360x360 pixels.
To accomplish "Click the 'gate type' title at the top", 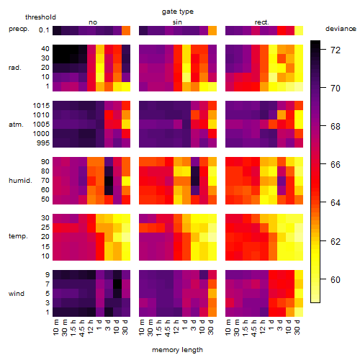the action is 178,12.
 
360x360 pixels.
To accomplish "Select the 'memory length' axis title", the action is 177,350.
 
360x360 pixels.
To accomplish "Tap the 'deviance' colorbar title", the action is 341,29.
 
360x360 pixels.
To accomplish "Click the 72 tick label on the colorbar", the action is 336,50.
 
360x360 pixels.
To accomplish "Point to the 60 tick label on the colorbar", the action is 336,279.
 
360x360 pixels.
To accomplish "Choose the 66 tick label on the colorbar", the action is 336,165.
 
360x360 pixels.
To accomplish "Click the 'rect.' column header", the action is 261,22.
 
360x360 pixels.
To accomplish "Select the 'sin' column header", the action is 177,22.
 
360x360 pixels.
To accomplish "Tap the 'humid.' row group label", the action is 20,181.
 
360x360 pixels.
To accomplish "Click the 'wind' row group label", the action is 17,294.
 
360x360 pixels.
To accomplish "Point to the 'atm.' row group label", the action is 16,125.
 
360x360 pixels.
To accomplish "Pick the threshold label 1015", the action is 41,106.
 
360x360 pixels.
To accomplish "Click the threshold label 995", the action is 43,143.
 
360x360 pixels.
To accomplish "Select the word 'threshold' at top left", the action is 40,17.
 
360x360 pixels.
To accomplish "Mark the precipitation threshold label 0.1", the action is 44,30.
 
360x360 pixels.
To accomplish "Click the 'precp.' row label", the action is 19,29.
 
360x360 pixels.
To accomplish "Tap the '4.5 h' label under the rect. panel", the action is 253,328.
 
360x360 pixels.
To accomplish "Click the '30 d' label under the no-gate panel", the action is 126,328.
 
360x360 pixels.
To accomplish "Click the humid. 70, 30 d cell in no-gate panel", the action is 126,181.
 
